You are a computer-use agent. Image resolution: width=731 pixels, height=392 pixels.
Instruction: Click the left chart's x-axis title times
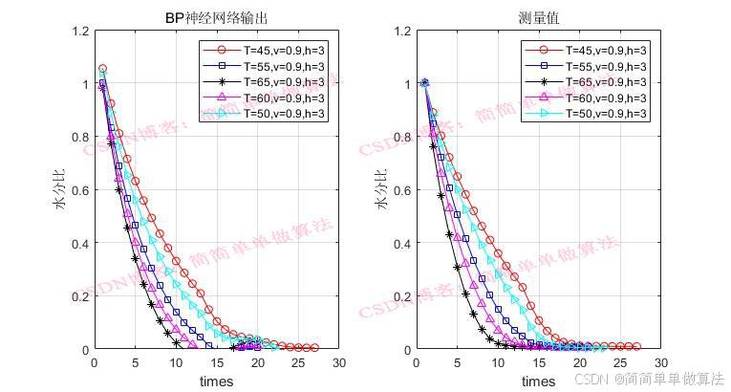click(x=216, y=381)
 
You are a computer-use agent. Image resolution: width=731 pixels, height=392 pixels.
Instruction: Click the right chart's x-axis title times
click(x=539, y=381)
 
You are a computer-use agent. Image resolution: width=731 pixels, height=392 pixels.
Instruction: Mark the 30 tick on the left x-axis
click(x=338, y=363)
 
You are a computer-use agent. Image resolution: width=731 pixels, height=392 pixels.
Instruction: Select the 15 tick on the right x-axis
click(x=539, y=363)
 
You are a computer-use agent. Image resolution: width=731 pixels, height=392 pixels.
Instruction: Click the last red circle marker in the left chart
click(x=313, y=348)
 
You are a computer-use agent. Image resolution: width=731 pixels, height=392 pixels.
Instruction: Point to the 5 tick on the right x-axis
click(x=458, y=363)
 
